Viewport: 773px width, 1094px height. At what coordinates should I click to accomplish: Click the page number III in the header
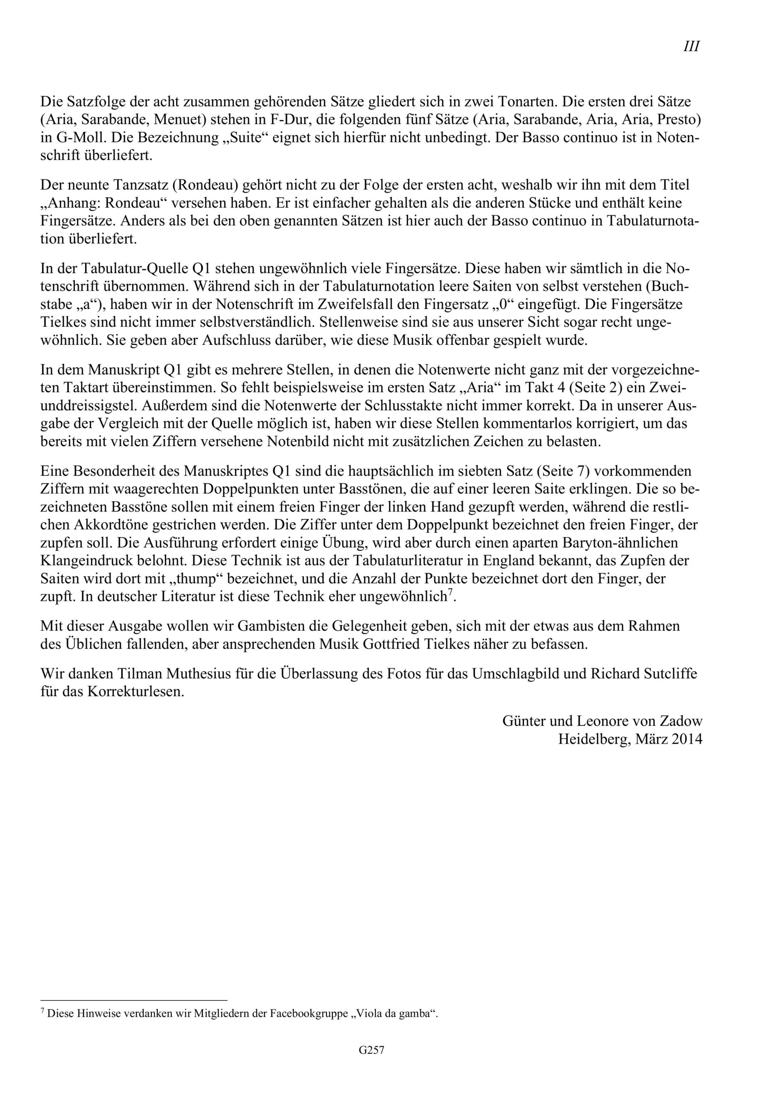tap(691, 47)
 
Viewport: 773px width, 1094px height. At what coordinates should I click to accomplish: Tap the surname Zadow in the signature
tap(679, 721)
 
